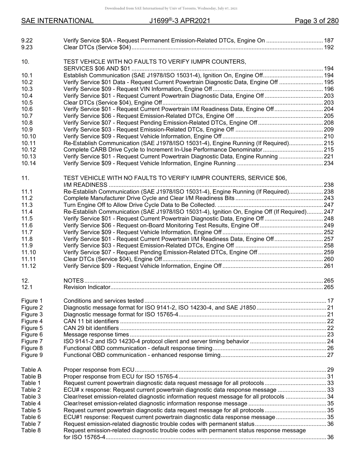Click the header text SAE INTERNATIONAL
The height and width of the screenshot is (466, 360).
click(x=57, y=21)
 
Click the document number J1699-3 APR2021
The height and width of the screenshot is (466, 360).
click(x=180, y=21)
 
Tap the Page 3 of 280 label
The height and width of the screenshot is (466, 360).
click(x=316, y=21)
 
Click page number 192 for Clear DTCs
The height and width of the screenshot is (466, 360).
click(x=329, y=47)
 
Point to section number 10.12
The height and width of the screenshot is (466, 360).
click(x=29, y=150)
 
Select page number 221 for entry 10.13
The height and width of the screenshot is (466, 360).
click(x=329, y=157)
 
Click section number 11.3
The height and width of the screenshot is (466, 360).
click(x=27, y=205)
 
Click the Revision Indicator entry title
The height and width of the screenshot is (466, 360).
click(x=87, y=288)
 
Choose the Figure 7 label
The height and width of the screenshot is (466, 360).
click(x=32, y=341)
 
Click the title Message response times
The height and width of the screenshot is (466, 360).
click(x=96, y=335)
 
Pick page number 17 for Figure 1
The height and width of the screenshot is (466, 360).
click(x=330, y=301)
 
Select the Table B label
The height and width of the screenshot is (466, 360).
click(x=31, y=376)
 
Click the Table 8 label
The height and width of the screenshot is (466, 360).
click(x=31, y=431)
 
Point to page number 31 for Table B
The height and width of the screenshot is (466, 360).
click(x=330, y=376)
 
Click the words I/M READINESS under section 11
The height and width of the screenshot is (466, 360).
click(x=85, y=185)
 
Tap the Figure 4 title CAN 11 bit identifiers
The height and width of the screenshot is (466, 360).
click(x=91, y=321)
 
